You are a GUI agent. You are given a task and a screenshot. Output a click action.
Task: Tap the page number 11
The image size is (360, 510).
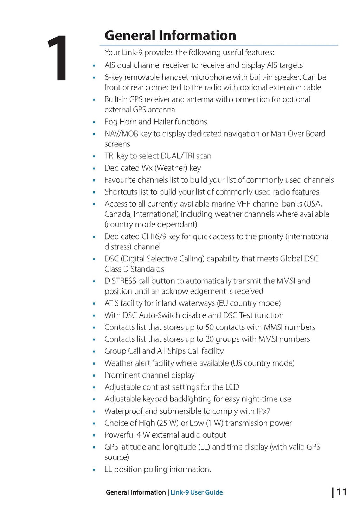tap(341, 492)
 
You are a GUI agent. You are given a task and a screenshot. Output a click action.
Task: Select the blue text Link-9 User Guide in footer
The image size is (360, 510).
tap(197, 492)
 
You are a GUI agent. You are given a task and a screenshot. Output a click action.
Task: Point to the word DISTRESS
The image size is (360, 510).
tap(120, 281)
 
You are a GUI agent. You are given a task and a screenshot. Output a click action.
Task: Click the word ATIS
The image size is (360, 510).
tap(111, 303)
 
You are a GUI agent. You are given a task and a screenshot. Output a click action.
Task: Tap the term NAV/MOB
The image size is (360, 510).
tap(121, 134)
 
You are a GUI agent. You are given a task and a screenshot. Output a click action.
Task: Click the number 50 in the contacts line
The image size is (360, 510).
tap(210, 327)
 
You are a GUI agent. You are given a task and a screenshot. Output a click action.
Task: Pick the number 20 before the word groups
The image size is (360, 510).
tap(210, 339)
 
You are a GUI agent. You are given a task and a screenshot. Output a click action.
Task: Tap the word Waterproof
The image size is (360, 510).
tap(123, 411)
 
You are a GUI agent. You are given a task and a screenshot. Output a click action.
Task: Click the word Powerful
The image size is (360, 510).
tap(120, 435)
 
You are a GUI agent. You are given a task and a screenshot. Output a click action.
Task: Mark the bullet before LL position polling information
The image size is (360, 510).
tap(94, 470)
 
